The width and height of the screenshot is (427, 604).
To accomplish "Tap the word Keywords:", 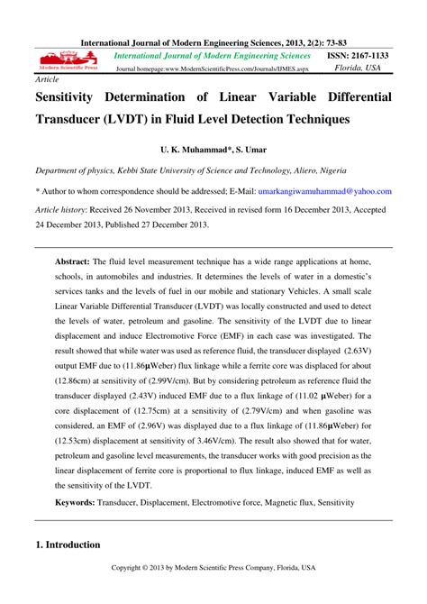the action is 82,501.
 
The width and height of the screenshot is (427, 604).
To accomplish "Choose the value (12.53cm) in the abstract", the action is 77,469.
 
